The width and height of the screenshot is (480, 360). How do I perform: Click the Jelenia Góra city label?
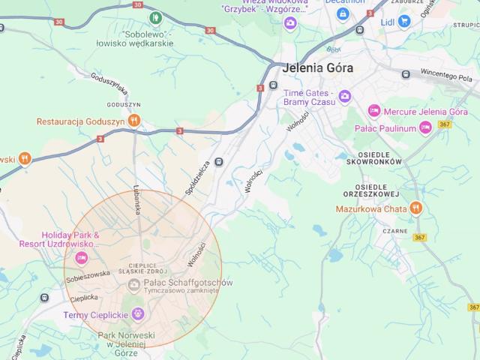[x=319, y=67]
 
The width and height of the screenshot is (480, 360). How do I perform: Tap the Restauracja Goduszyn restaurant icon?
[x=133, y=120]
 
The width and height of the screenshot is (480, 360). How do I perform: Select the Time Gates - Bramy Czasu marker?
[x=344, y=95]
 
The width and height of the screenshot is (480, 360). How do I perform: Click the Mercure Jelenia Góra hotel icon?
[x=373, y=112]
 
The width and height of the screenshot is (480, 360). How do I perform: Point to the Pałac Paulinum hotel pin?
[x=425, y=128]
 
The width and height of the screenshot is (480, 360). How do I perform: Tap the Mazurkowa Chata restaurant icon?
[x=417, y=208]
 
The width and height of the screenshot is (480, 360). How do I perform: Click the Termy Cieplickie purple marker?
[x=136, y=313]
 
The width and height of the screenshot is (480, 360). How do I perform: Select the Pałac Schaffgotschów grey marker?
[x=133, y=283]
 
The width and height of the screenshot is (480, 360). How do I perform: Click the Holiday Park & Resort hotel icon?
[x=82, y=258]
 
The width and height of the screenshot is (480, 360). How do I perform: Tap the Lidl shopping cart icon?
[x=404, y=21]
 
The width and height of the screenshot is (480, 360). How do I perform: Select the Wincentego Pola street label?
[x=447, y=76]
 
